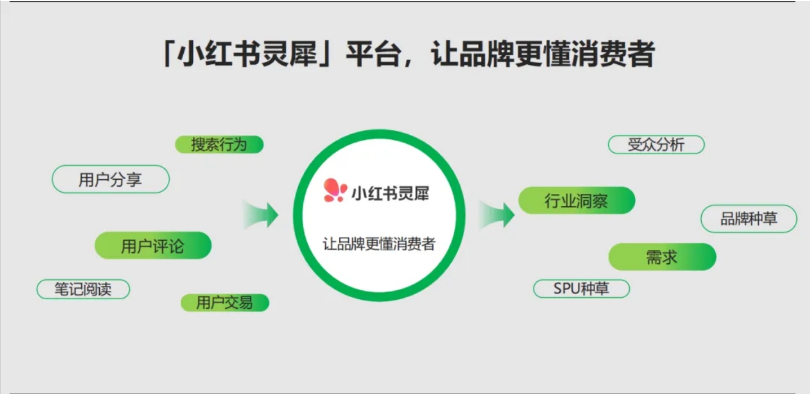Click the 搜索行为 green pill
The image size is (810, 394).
click(219, 145)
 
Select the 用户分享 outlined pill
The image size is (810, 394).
click(110, 179)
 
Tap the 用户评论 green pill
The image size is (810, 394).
click(153, 245)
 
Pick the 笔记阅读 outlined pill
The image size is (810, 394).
click(83, 289)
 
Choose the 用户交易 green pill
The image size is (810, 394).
click(225, 303)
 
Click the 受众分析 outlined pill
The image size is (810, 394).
click(656, 145)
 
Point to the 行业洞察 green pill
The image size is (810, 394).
click(577, 201)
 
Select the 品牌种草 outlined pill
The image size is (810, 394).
click(749, 219)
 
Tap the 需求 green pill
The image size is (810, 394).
click(662, 257)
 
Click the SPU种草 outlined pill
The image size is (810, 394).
click(582, 289)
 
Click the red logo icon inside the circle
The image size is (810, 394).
click(335, 190)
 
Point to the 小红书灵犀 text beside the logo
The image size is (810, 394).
click(391, 193)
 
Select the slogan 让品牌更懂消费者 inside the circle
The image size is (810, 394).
click(379, 244)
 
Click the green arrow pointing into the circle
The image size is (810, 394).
click(260, 215)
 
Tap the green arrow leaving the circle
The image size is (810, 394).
click(497, 215)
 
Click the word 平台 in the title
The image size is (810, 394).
click(374, 54)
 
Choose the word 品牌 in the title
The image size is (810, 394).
click(488, 54)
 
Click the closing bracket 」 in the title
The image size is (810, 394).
click(324, 54)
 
